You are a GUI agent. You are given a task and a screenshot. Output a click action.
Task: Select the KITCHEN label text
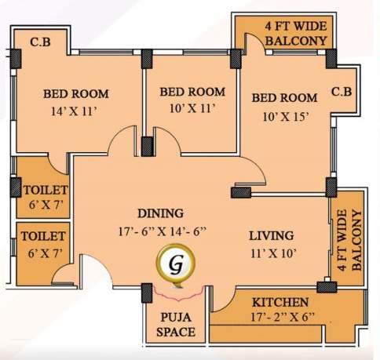(280, 302)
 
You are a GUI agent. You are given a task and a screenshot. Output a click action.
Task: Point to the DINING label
(160, 213)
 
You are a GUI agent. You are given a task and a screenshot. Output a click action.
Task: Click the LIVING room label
(272, 235)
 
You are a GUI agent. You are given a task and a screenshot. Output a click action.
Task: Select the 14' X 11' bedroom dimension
(76, 111)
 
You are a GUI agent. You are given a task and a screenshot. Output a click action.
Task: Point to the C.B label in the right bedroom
(342, 92)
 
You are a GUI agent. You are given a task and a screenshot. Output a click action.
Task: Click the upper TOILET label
(44, 190)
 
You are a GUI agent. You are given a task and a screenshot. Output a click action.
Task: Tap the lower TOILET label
(44, 235)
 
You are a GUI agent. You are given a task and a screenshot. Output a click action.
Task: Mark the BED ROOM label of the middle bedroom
(192, 92)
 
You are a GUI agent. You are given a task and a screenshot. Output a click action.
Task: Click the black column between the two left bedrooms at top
(146, 56)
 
